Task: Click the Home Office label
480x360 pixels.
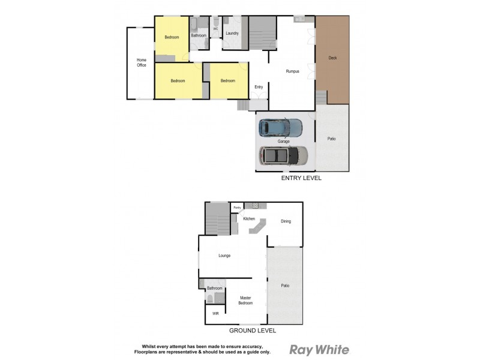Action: (x=142, y=62)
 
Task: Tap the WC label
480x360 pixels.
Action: (x=215, y=29)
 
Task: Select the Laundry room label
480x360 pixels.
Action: (x=232, y=33)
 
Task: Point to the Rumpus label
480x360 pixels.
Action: (x=292, y=71)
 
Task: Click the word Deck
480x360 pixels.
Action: (x=332, y=58)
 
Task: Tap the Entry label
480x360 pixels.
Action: (x=259, y=87)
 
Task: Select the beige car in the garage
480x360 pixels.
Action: (x=283, y=155)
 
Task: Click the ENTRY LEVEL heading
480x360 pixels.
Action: (x=301, y=178)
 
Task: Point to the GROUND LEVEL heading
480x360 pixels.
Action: (x=253, y=331)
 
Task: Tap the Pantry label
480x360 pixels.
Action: (x=237, y=208)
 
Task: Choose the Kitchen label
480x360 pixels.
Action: (x=249, y=218)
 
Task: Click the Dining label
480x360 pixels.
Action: (x=286, y=221)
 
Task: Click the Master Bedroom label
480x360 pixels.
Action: (x=245, y=300)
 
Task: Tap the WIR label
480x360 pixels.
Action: (x=215, y=314)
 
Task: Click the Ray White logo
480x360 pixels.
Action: (x=319, y=350)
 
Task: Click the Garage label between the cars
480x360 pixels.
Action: (x=284, y=142)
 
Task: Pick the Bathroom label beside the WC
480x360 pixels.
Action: (x=199, y=36)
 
